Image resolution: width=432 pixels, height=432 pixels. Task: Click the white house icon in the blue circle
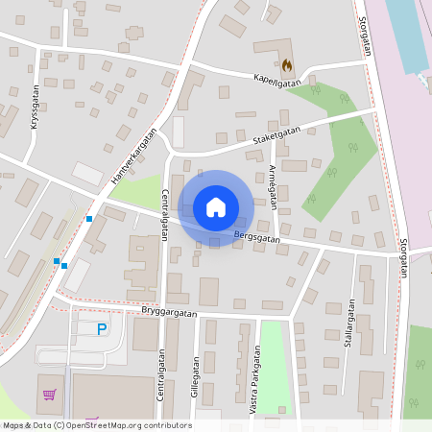(x=216, y=206)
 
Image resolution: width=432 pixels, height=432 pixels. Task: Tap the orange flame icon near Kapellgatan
(x=287, y=65)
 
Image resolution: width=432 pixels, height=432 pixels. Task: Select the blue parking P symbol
(x=103, y=329)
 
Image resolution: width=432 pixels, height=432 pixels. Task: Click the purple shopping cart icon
(x=49, y=394)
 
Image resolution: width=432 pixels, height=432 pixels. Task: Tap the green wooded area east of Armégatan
(x=336, y=154)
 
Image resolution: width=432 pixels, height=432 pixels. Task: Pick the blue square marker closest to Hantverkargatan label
(x=89, y=219)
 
